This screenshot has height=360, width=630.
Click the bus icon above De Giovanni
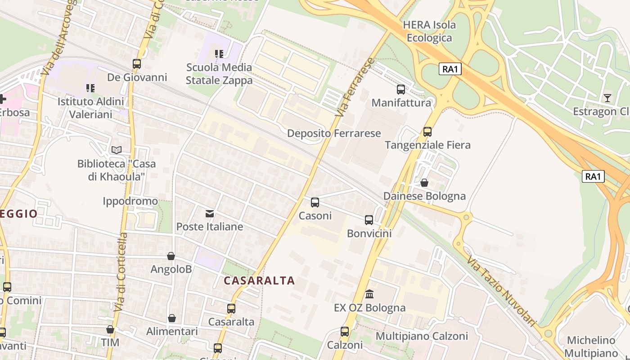click(x=137, y=64)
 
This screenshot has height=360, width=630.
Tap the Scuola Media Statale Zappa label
click(x=219, y=74)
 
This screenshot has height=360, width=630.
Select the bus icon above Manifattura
click(x=401, y=90)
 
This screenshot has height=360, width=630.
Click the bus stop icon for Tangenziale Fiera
click(x=427, y=132)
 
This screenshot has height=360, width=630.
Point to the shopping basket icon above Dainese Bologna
click(x=424, y=183)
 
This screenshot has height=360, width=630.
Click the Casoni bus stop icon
click(x=315, y=202)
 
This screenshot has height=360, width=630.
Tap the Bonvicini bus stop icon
click(x=369, y=220)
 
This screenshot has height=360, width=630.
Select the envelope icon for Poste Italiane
click(x=210, y=213)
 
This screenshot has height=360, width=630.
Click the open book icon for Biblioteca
click(x=117, y=150)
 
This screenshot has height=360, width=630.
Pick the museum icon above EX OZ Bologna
click(x=369, y=294)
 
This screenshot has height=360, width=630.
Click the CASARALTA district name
click(x=259, y=281)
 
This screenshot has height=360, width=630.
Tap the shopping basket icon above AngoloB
click(x=171, y=256)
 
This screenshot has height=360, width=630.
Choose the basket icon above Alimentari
click(x=172, y=318)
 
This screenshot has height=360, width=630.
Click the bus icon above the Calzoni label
click(x=345, y=332)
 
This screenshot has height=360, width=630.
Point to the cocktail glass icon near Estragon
click(x=607, y=98)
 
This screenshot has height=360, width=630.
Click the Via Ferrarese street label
click(x=355, y=87)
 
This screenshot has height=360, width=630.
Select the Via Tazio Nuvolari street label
click(x=502, y=291)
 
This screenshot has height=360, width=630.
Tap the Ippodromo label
click(x=130, y=201)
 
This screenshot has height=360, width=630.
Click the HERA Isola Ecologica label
click(x=429, y=31)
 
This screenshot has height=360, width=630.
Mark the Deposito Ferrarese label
click(x=334, y=133)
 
